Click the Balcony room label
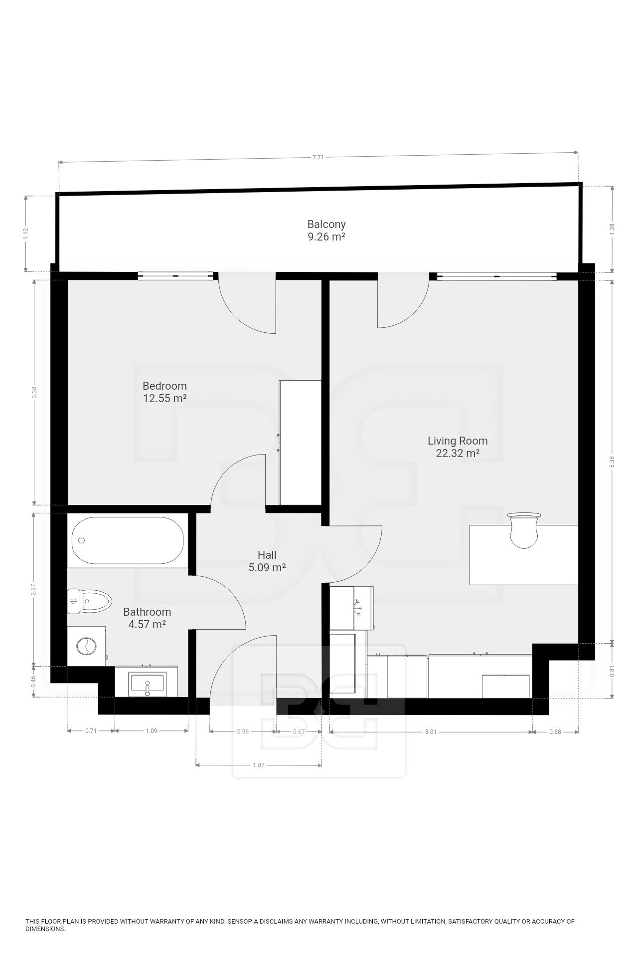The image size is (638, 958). [x=326, y=230]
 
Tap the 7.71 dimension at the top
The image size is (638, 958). [x=318, y=157]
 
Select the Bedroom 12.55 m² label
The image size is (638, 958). [x=164, y=392]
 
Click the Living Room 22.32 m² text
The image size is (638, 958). [x=457, y=447]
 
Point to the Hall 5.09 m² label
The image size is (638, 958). [x=267, y=561]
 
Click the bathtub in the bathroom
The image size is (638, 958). [x=128, y=540]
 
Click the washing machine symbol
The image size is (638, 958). [x=86, y=646]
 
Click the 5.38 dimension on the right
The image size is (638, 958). [x=612, y=462]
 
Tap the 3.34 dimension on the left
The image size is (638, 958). [x=34, y=393]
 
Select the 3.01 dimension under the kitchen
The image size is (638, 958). [x=431, y=732]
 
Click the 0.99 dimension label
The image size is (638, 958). [x=243, y=731]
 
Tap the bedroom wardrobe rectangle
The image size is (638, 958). [x=300, y=443]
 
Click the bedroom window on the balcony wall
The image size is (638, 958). [x=175, y=275]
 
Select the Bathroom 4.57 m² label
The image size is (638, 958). [x=147, y=618]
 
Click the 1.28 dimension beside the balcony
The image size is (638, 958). [x=612, y=229]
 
